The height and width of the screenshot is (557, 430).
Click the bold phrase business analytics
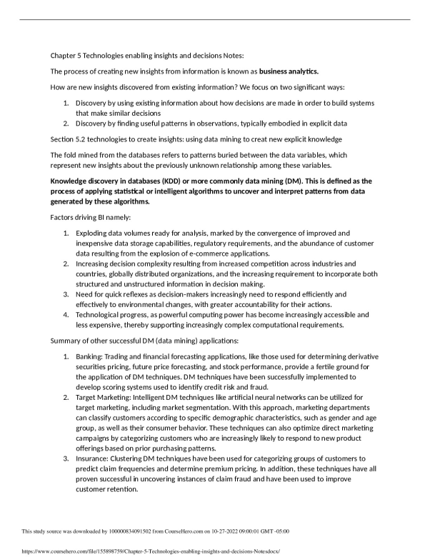click(289, 71)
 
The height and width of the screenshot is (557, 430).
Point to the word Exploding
click(94, 233)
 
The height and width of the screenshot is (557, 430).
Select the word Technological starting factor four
click(102, 313)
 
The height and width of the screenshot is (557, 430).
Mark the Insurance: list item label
click(95, 458)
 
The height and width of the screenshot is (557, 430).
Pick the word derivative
click(359, 356)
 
